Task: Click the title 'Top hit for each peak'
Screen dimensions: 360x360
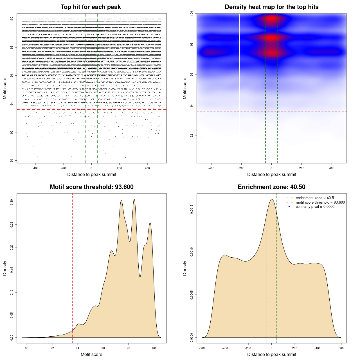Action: point(91,7)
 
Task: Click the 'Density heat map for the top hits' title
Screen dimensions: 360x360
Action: point(271,7)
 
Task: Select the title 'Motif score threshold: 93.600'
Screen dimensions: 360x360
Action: point(91,187)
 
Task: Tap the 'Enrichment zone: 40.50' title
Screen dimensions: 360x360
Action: point(271,187)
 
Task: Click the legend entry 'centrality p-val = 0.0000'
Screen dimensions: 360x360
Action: point(315,207)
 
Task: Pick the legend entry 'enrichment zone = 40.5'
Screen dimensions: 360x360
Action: point(315,198)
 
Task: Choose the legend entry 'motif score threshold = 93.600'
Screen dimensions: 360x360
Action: point(320,202)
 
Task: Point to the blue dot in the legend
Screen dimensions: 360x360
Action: point(289,207)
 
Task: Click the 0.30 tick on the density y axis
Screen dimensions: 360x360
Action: point(12,202)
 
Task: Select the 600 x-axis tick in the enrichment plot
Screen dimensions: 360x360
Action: point(341,348)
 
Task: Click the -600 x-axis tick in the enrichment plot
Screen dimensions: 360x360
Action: point(202,348)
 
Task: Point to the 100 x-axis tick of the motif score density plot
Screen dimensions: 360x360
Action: point(154,348)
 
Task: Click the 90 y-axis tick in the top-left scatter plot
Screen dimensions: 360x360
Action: point(12,161)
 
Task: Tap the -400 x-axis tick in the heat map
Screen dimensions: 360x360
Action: point(211,168)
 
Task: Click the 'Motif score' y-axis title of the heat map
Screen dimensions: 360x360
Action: point(185,88)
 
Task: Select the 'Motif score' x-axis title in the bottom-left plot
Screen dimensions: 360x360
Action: point(91,355)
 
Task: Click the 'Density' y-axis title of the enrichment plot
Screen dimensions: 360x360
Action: point(185,268)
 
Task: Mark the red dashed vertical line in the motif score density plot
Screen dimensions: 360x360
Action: point(73,267)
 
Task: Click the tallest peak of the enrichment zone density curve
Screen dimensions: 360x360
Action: point(272,199)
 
